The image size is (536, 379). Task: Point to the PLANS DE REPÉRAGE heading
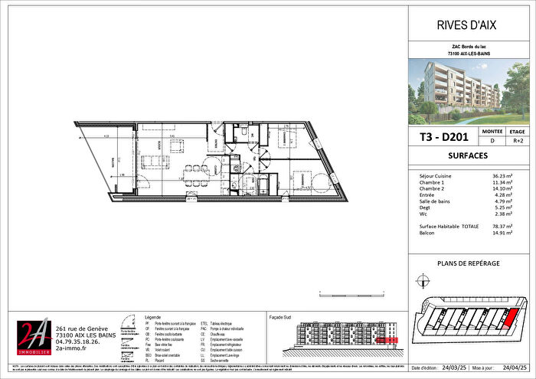coord(469,263)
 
